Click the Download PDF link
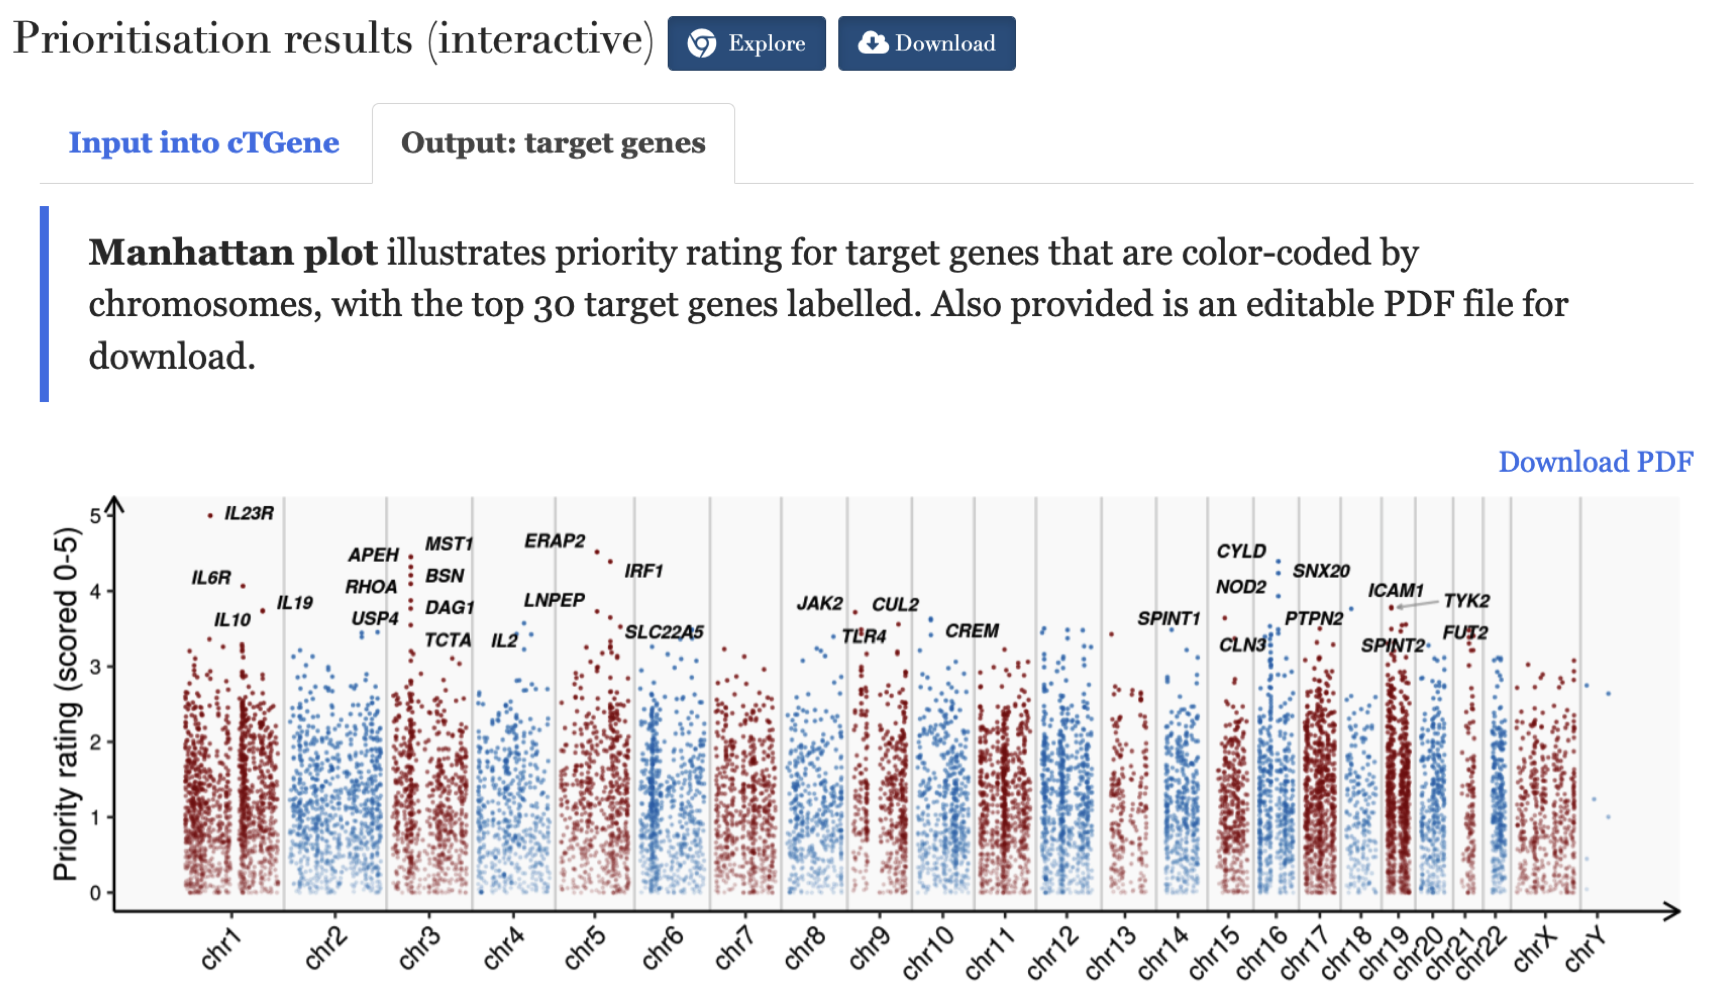point(1595,462)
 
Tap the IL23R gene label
point(249,513)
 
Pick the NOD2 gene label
point(1240,587)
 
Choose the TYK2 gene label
point(1466,601)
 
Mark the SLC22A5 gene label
point(664,632)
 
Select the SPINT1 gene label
point(1169,619)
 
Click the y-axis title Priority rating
point(66,704)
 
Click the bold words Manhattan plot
point(232,253)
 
